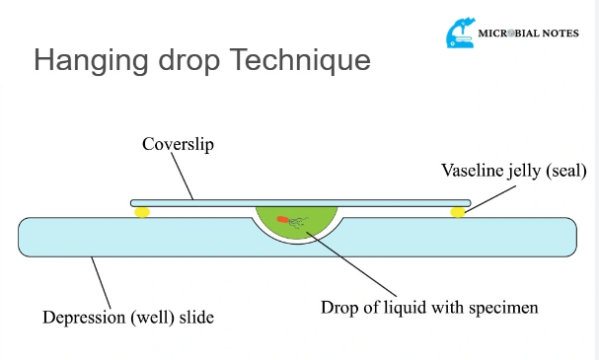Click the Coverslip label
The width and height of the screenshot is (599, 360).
177,144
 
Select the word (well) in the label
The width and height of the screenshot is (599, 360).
152,318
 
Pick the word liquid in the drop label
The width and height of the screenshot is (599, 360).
399,307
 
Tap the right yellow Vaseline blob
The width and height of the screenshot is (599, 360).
458,212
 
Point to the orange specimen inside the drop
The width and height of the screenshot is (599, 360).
283,219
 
